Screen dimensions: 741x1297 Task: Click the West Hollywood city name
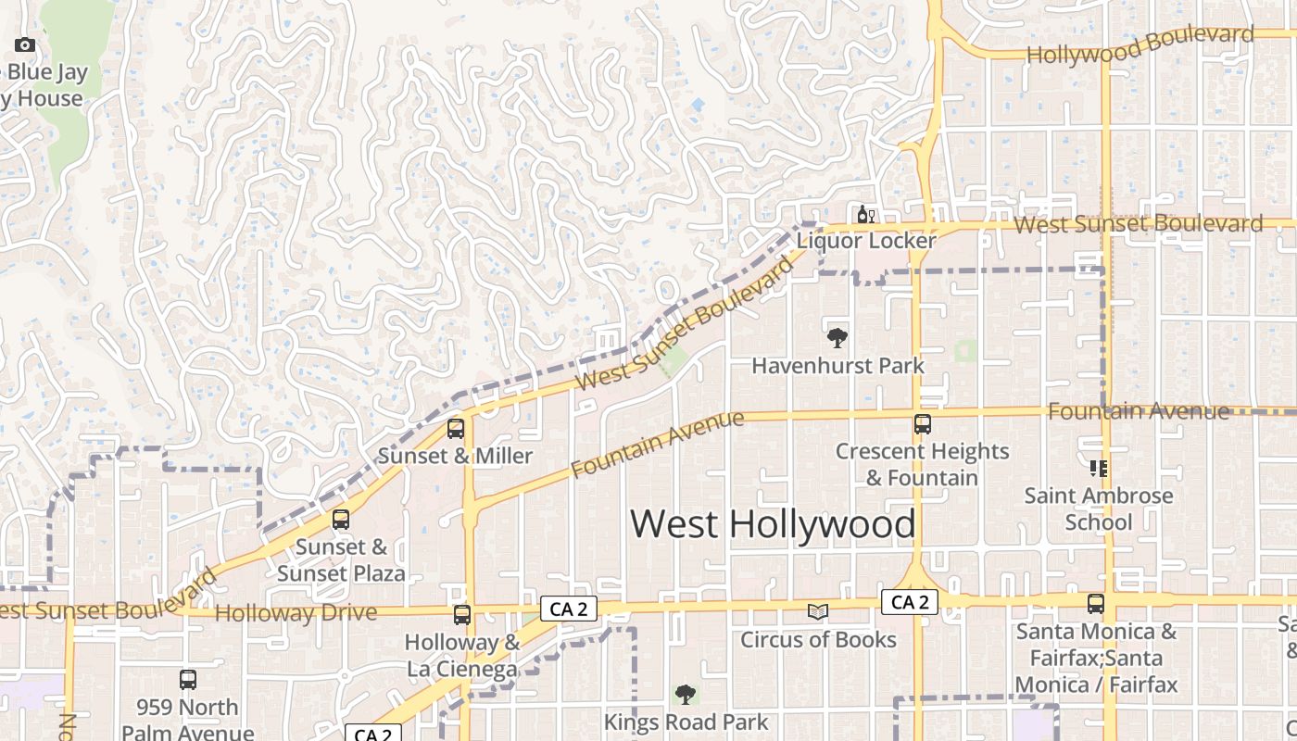773,524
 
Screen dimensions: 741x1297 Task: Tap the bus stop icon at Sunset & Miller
456,429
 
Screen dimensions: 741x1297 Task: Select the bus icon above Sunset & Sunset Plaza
341,520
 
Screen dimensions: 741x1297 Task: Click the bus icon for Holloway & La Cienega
461,614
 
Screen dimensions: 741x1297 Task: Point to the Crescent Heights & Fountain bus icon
922,424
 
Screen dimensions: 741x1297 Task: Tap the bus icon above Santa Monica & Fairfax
1096,604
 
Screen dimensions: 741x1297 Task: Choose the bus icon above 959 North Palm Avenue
188,680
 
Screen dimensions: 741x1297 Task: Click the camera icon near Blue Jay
25,44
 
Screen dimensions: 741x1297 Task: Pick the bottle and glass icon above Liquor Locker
866,215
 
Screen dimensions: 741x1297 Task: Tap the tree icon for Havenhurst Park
837,337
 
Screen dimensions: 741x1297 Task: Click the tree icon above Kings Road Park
686,694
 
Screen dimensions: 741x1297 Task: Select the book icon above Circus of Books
817,611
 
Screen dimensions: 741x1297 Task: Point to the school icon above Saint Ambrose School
1099,469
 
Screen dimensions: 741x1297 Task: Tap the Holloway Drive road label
296,613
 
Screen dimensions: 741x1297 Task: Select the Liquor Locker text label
866,241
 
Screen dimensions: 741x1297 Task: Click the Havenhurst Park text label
837,366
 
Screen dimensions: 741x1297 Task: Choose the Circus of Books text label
818,639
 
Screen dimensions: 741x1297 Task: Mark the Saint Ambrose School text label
1099,509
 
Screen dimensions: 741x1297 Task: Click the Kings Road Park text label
686,722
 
